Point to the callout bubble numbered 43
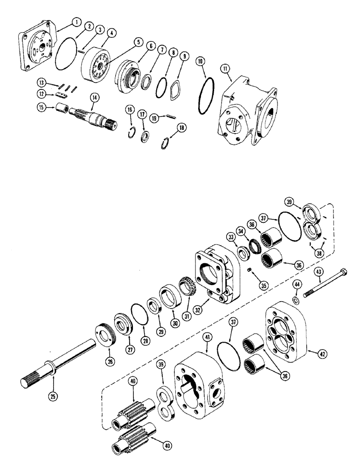point(320,272)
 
